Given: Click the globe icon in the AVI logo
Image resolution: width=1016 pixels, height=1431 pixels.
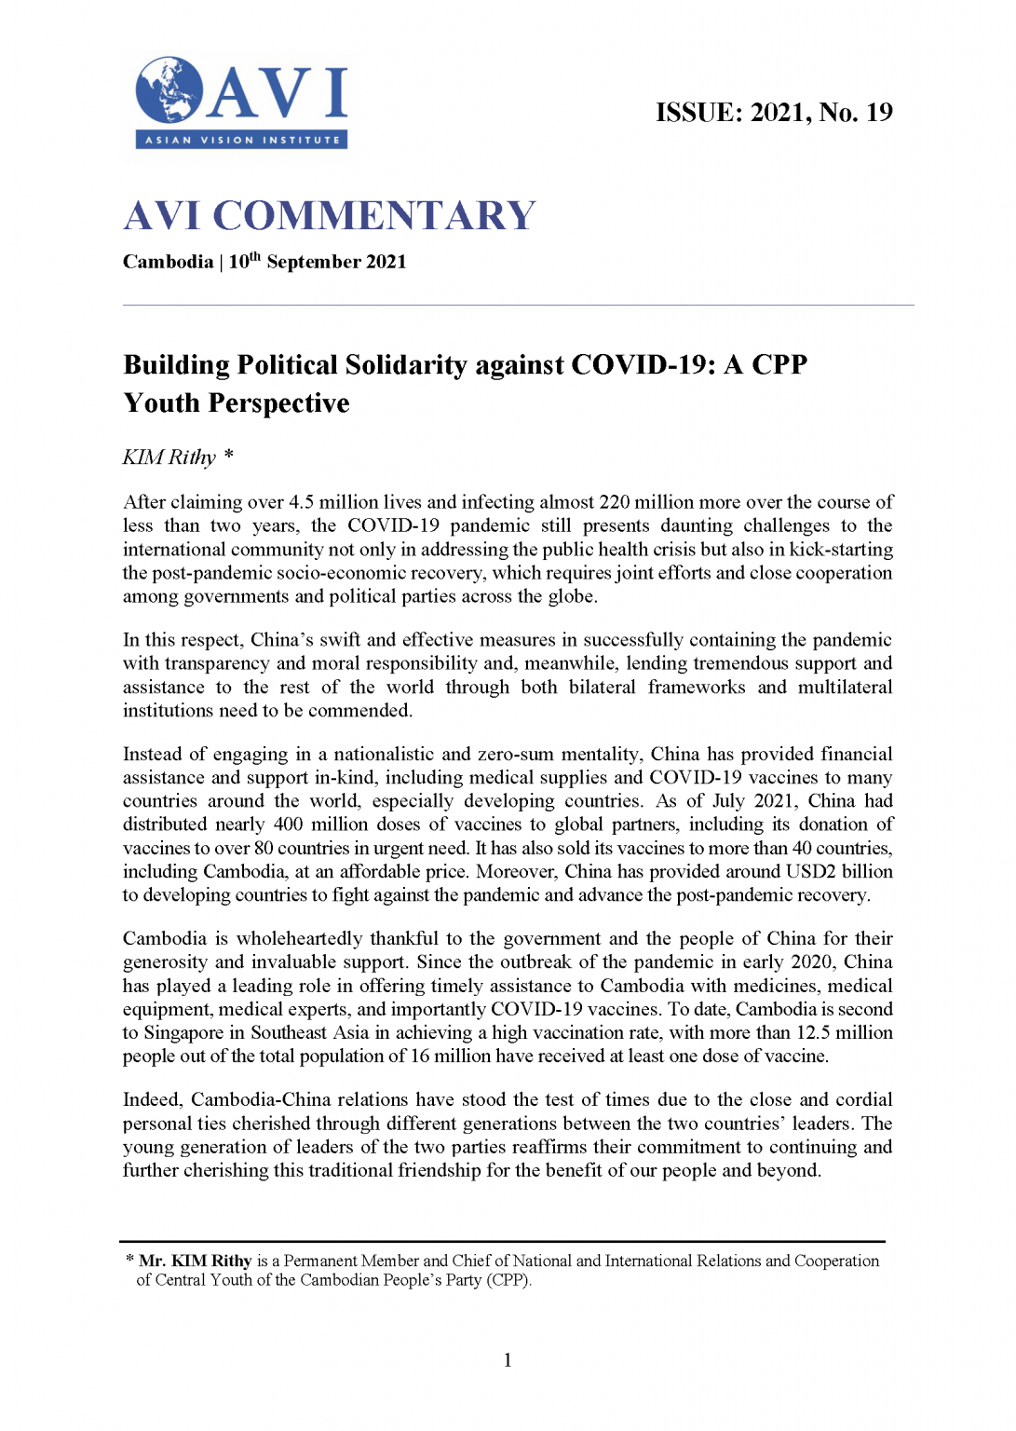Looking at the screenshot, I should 169,90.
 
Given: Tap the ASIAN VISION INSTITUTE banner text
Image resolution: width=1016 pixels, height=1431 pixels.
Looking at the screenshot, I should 242,140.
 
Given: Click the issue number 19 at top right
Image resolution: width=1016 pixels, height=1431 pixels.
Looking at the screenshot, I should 879,113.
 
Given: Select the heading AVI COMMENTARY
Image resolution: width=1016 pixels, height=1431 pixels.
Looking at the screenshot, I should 330,216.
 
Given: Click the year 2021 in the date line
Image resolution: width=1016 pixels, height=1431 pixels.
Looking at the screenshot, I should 386,262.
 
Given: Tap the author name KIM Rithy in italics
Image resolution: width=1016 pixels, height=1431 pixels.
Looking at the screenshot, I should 169,457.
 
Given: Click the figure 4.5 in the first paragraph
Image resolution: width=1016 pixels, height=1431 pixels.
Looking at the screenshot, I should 301,502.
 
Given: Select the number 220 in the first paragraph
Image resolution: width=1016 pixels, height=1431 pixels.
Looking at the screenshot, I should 615,502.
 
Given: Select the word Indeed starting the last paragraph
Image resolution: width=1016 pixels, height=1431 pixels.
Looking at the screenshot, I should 153,1100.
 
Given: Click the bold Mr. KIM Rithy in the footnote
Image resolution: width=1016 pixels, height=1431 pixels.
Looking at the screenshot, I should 196,1261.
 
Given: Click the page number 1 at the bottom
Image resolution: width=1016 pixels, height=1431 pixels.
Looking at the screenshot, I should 508,1360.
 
